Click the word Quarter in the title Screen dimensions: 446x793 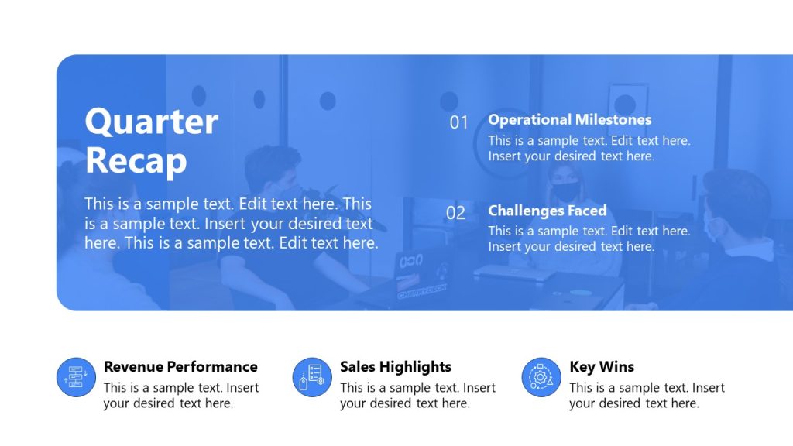click(151, 122)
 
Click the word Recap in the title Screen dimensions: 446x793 click(136, 160)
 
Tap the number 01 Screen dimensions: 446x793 click(459, 122)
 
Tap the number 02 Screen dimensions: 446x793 click(456, 213)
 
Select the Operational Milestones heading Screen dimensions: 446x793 click(569, 119)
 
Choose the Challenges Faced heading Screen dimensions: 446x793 click(547, 211)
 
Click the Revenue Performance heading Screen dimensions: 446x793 click(180, 367)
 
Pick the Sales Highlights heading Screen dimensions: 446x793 click(396, 367)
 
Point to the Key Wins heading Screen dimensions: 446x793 click(602, 367)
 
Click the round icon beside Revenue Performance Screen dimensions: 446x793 click(76, 377)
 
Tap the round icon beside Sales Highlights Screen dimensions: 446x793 click(313, 377)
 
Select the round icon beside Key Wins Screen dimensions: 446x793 click(541, 377)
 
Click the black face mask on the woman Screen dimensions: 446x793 click(565, 189)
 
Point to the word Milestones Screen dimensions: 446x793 click(613, 119)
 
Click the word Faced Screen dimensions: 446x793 click(586, 211)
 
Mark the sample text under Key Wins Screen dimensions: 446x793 click(647, 396)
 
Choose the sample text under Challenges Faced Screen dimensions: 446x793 click(589, 238)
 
